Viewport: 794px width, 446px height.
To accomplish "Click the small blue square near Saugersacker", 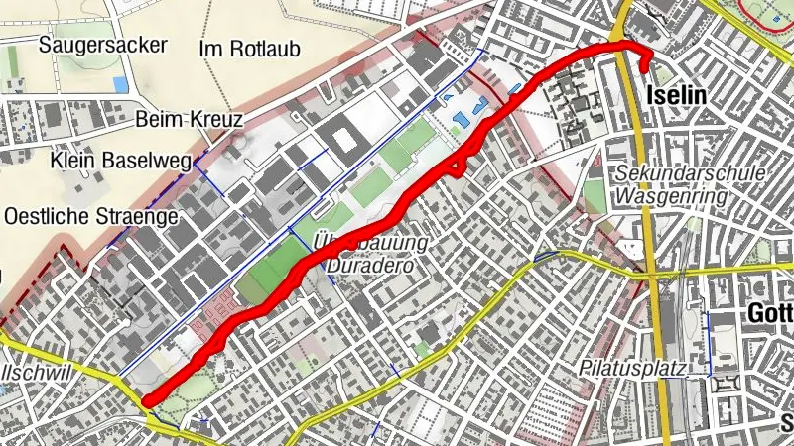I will pos(121,84).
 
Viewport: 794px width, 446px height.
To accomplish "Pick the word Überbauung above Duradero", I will pos(369,243).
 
